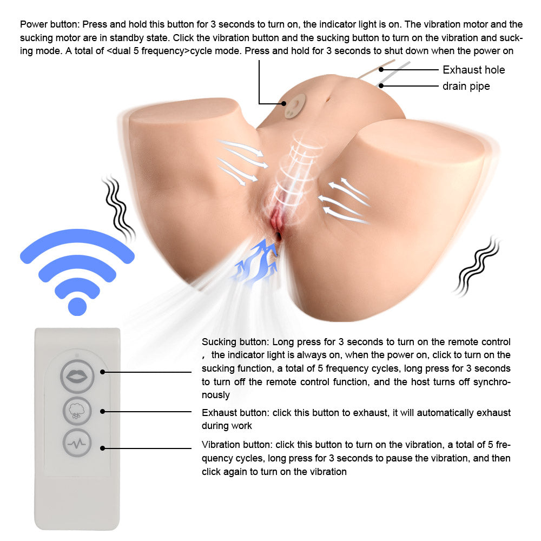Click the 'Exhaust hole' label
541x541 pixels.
pyautogui.click(x=473, y=70)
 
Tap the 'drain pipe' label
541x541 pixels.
pyautogui.click(x=466, y=86)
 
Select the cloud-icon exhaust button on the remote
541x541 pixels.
pyautogui.click(x=77, y=411)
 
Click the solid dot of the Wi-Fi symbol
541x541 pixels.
pyautogui.click(x=77, y=306)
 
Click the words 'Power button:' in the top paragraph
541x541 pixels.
pyautogui.click(x=50, y=24)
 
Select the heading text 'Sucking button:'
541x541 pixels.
pyautogui.click(x=235, y=342)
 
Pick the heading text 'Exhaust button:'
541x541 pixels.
pyautogui.click(x=235, y=413)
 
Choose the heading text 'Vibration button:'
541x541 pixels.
pyautogui.click(x=237, y=445)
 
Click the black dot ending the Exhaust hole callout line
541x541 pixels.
pyautogui.click(x=382, y=69)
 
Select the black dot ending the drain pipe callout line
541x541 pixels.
pyautogui.click(x=382, y=85)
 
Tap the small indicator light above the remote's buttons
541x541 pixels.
pyautogui.click(x=77, y=355)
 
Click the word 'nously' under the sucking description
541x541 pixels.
pyautogui.click(x=216, y=395)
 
